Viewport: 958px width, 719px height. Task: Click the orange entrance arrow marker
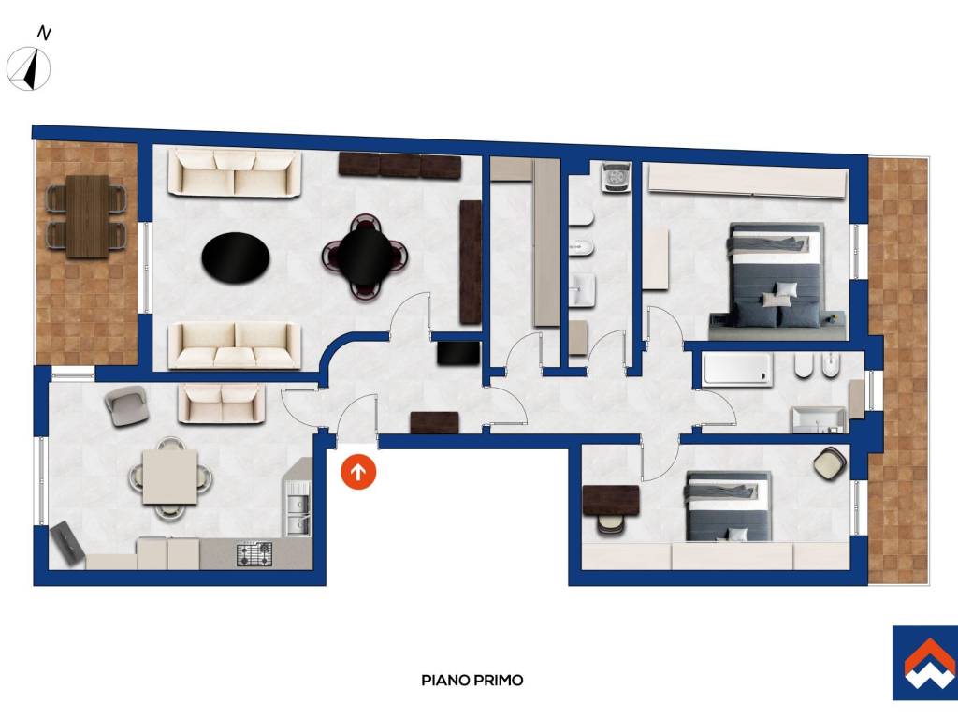[x=358, y=472]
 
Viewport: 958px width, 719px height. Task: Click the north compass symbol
[x=29, y=68]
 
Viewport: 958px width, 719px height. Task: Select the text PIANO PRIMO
[x=472, y=680]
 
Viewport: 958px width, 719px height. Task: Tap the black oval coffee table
[x=236, y=257]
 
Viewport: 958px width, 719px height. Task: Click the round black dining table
[x=365, y=256]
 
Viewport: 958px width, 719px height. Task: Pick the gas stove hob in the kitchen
[x=254, y=554]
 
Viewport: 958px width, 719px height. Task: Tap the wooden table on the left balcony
[x=88, y=217]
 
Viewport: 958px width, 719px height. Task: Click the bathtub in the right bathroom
[x=737, y=369]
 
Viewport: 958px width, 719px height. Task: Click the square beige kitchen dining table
[x=170, y=477]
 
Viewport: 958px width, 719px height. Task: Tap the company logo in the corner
[x=925, y=663]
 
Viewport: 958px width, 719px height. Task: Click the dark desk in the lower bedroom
[x=611, y=501]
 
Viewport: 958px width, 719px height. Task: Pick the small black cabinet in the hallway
[x=458, y=353]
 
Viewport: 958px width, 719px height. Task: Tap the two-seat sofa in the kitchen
[x=222, y=404]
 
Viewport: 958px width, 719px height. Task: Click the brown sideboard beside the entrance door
[x=434, y=422]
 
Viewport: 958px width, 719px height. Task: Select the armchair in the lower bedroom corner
[x=831, y=462]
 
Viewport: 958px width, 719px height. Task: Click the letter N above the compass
[x=44, y=33]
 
